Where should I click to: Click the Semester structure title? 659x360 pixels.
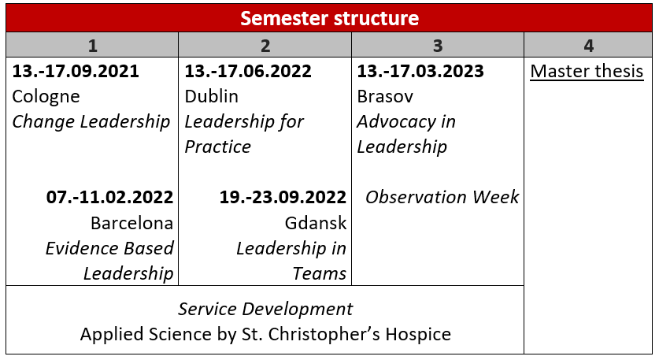coord(329,18)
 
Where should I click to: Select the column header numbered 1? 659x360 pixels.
coord(92,46)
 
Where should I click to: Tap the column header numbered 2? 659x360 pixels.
coord(265,46)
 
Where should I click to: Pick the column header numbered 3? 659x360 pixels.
coord(438,46)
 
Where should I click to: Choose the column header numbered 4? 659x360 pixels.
coord(588,46)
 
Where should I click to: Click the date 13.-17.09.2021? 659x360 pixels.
coord(76,71)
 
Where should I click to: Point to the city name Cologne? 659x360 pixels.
coord(46,97)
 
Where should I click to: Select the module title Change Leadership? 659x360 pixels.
coord(91,122)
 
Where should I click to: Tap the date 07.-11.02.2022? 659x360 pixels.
coord(109,197)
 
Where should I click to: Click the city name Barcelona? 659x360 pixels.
coord(132,223)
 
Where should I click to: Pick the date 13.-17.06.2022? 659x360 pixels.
coord(248,71)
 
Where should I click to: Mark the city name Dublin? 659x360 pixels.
coord(212,97)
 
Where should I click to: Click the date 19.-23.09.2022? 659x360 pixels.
coord(283,197)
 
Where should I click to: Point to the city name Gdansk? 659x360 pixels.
coord(316,223)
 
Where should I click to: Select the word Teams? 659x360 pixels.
coord(320,273)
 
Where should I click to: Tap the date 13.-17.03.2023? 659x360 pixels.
coord(420,71)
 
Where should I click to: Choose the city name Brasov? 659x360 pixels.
coord(385,97)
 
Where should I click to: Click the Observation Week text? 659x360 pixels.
coord(442,197)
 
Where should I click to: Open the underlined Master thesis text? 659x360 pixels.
coord(587,72)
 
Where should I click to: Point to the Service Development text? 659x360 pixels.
coord(265,309)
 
